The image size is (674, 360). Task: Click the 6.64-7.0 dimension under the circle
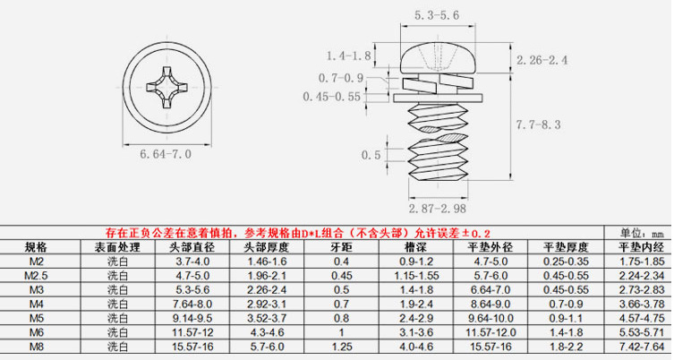(166, 154)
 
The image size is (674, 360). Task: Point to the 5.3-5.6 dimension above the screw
(436, 14)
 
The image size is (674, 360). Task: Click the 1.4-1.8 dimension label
(348, 56)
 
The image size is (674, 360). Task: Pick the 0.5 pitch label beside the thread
(370, 155)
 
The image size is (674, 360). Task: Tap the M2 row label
(37, 261)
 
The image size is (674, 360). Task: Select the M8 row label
(37, 347)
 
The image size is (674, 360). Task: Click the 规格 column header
(37, 246)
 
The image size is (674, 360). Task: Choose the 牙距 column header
(341, 246)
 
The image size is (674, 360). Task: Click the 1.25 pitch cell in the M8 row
(341, 347)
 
